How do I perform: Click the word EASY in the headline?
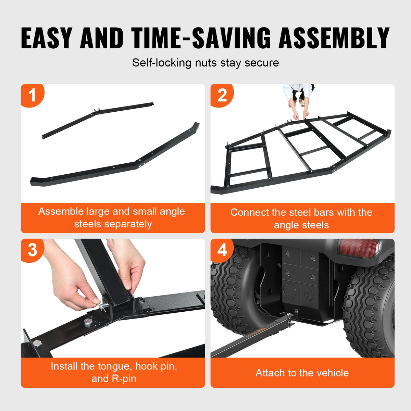pos(47,38)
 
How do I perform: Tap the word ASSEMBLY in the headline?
pos(334,38)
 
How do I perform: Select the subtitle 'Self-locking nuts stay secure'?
pos(206,63)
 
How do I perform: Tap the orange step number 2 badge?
pos(222,95)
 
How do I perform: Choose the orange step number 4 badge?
pos(222,250)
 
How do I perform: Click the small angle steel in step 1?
pos(98,120)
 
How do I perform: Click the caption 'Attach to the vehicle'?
pos(302,373)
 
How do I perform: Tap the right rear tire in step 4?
pos(370,308)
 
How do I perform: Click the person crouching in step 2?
pos(297,98)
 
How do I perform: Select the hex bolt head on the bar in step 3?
pos(88,323)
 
